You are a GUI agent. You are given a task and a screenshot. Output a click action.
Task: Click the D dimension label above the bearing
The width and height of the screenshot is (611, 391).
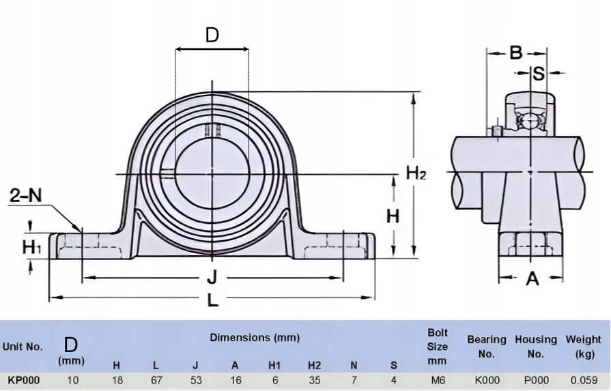pyautogui.click(x=212, y=35)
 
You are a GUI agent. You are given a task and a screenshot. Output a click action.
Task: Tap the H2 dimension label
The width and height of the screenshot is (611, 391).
pyautogui.click(x=416, y=173)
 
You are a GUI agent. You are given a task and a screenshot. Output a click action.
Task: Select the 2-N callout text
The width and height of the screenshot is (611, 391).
pyautogui.click(x=26, y=195)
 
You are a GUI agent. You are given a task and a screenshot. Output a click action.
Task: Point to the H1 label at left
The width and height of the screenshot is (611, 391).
pyautogui.click(x=31, y=247)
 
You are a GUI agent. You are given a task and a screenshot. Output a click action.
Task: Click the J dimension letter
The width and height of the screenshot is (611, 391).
pyautogui.click(x=212, y=278)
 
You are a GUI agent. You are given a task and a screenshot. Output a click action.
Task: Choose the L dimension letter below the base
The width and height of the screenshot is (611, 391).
pyautogui.click(x=212, y=300)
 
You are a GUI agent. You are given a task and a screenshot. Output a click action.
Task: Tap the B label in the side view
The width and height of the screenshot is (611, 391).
pyautogui.click(x=516, y=53)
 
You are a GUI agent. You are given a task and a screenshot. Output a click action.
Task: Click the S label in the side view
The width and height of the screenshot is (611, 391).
pyautogui.click(x=538, y=73)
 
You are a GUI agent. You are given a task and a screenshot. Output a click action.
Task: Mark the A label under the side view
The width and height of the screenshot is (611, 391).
pyautogui.click(x=532, y=278)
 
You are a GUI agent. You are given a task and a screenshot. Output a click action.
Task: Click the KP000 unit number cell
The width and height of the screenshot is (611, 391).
pyautogui.click(x=23, y=380)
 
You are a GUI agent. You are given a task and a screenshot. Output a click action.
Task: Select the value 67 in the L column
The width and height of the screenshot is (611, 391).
pyautogui.click(x=156, y=380)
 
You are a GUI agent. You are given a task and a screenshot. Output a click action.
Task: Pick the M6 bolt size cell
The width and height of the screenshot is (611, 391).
pyautogui.click(x=437, y=380)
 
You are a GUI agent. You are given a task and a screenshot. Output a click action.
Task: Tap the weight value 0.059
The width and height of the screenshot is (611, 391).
pyautogui.click(x=584, y=380)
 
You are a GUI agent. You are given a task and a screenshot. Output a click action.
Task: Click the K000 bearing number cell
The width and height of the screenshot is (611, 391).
pyautogui.click(x=487, y=380)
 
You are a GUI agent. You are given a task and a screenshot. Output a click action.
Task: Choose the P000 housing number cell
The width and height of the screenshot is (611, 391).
pyautogui.click(x=536, y=380)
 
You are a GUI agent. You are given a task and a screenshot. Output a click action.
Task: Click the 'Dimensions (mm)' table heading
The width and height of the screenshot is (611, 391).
pyautogui.click(x=255, y=337)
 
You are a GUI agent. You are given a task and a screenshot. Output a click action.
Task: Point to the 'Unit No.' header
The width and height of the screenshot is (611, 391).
pyautogui.click(x=23, y=347)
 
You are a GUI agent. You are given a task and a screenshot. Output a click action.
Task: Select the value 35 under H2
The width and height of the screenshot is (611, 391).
pyautogui.click(x=315, y=380)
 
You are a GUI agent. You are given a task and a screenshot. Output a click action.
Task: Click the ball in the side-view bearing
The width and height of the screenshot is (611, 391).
pyautogui.click(x=529, y=120)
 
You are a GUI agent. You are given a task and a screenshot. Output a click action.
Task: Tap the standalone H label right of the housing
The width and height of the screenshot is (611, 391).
pyautogui.click(x=393, y=216)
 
